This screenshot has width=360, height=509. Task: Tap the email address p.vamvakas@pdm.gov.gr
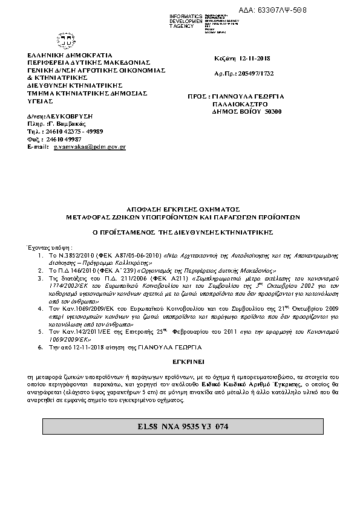pos(90,146)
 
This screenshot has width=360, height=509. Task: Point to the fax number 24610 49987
pos(65,138)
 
